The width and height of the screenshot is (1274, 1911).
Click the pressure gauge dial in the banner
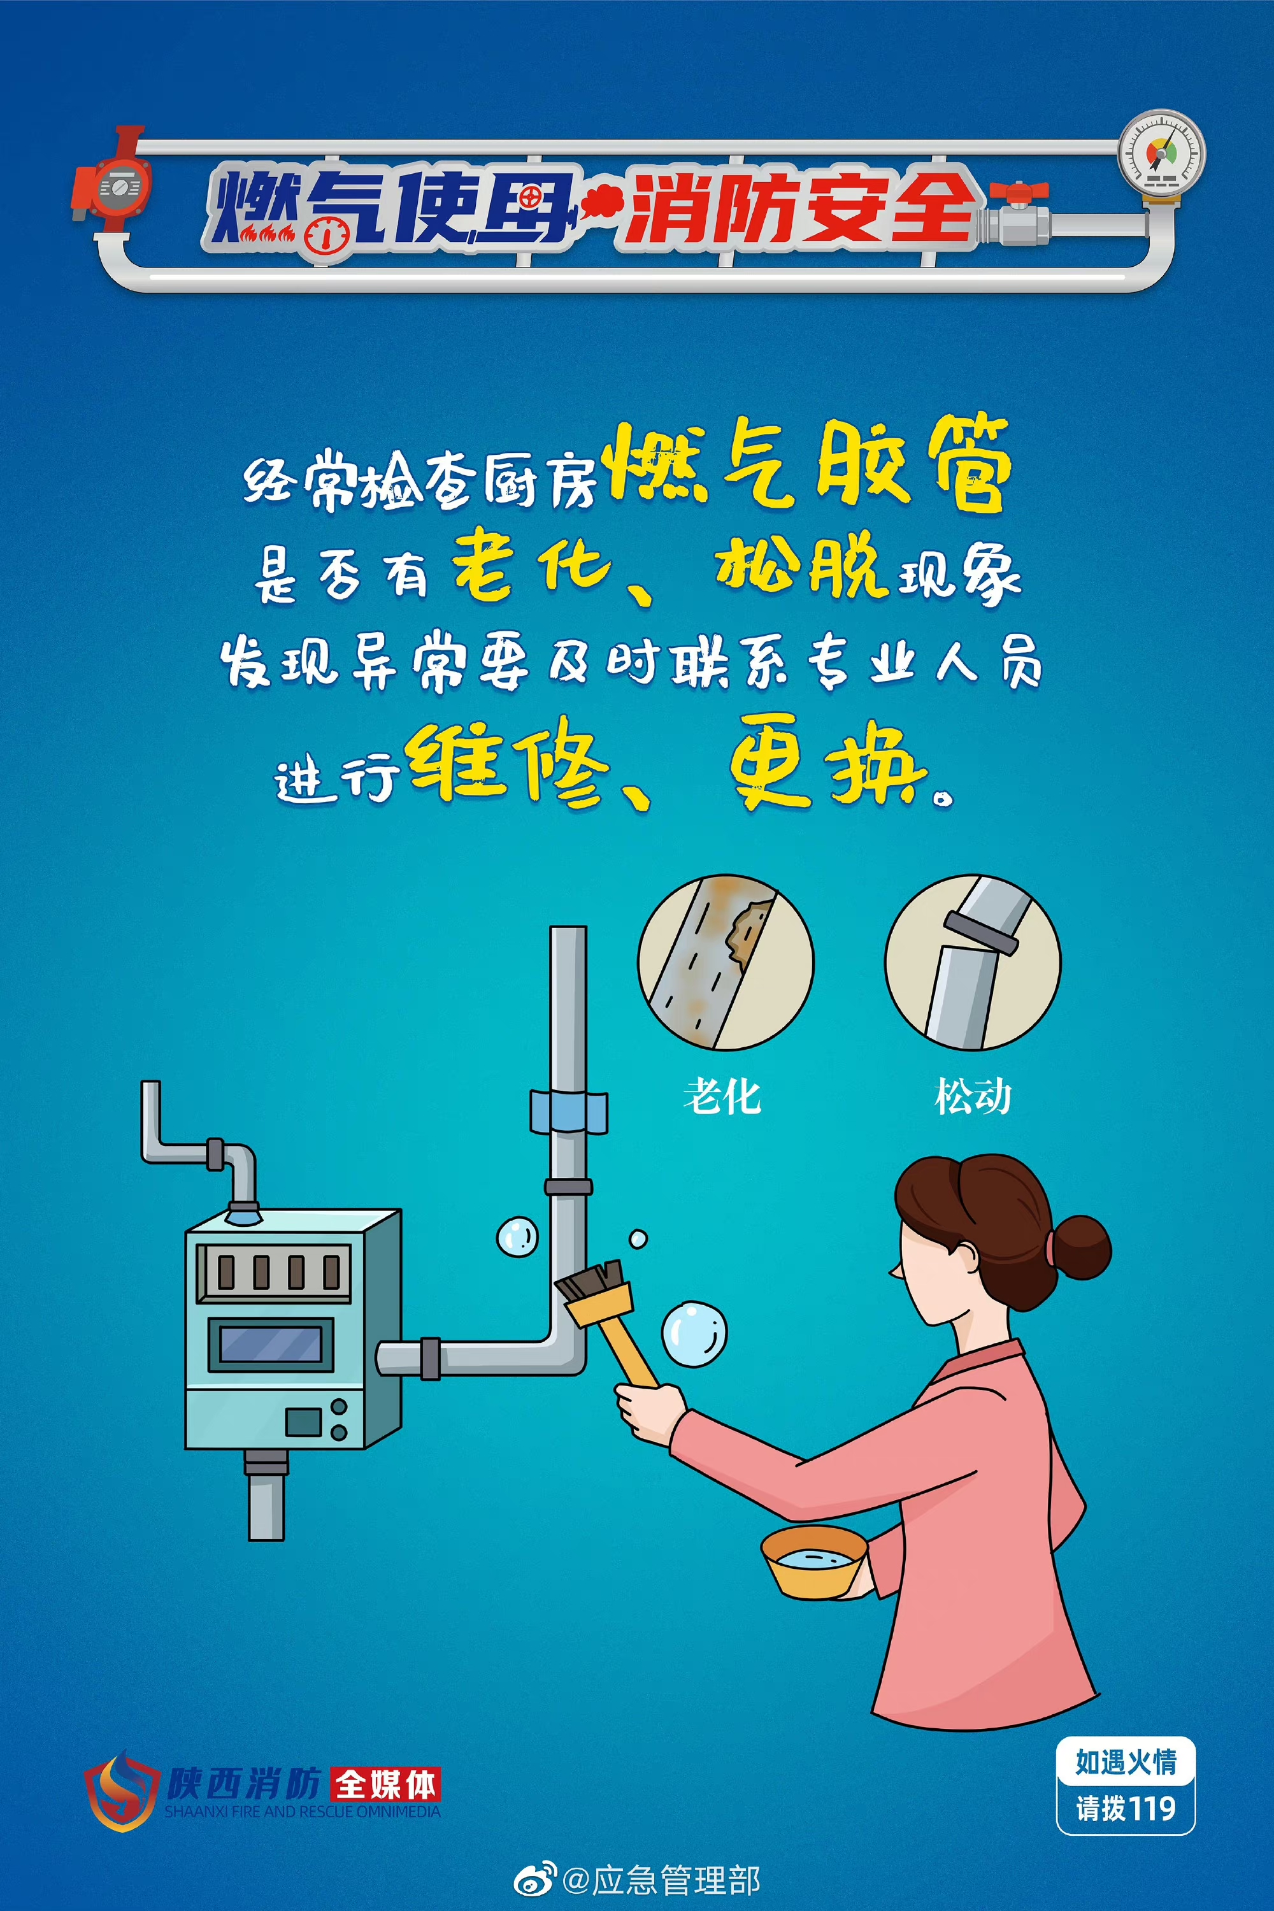[x=1161, y=154]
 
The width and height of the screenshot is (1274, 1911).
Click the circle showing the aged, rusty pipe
[x=726, y=962]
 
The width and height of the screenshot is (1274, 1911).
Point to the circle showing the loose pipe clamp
[x=973, y=962]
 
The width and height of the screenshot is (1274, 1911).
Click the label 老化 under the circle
[x=722, y=1096]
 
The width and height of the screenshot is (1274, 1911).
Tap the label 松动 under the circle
[x=973, y=1096]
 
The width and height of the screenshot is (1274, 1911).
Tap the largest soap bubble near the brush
[x=693, y=1334]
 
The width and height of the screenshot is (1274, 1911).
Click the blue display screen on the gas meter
[x=271, y=1345]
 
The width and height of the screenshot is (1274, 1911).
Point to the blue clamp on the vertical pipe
[x=569, y=1112]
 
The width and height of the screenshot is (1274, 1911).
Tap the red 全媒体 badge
[x=385, y=1784]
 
